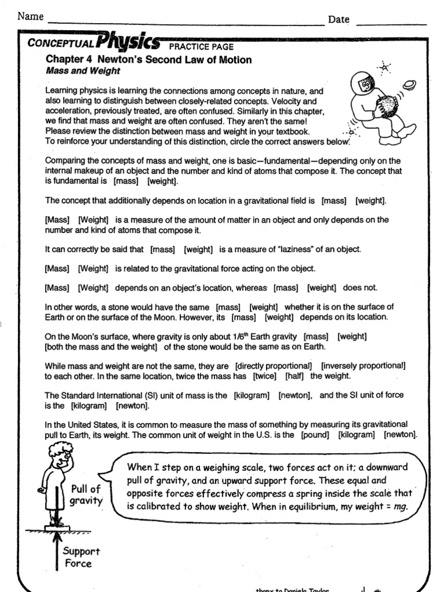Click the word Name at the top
pos(31,16)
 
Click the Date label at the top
pos(339,20)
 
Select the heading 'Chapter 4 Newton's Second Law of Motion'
pos(149,60)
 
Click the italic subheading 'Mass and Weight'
pos(83,71)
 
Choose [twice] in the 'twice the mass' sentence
pos(265,376)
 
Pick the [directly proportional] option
pos(273,366)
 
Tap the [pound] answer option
pos(315,435)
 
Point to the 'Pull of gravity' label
pos(86,495)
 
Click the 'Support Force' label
pos(82,557)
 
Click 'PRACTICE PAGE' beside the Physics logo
pos(201,47)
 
